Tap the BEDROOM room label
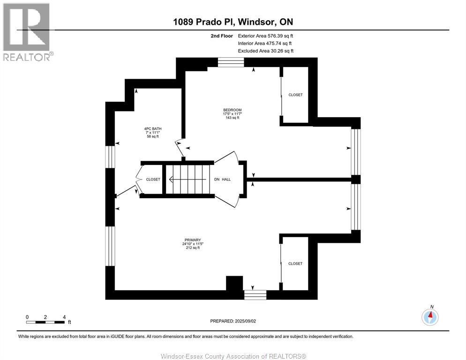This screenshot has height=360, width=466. pos(233,110)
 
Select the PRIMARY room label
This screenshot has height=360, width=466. pos(193,240)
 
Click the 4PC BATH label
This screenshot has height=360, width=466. pos(153,129)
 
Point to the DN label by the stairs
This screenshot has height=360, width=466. pos(217,179)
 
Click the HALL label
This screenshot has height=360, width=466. pos(226,179)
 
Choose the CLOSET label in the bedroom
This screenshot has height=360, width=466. pos(295,95)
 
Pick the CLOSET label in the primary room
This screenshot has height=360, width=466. pos(295,264)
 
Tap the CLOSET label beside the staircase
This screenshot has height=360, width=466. pos(153,179)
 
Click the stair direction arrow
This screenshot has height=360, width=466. pos(188,180)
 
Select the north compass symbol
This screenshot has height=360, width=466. pos(430,316)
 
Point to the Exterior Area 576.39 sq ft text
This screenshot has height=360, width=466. pos(265,36)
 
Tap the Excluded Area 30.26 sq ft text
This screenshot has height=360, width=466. pos(266,51)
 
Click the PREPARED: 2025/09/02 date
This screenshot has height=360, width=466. pos(233,321)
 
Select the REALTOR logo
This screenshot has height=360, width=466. pos(28,32)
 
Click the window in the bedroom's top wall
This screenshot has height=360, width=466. pos(231,62)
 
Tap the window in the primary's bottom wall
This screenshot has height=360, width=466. pos(256,295)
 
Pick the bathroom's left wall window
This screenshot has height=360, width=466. pos(110,157)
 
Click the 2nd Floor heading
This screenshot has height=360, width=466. pos(222,36)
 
